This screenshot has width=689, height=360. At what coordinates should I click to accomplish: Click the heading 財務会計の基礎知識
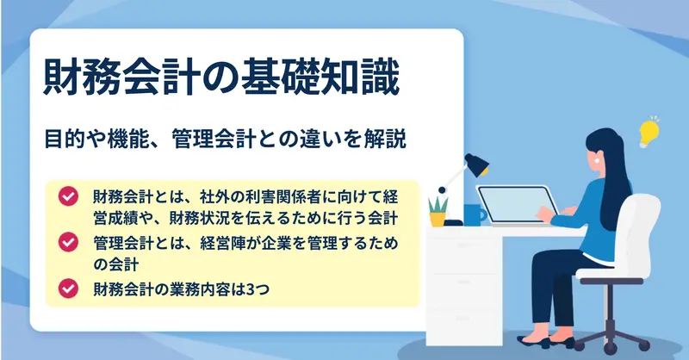click(221, 78)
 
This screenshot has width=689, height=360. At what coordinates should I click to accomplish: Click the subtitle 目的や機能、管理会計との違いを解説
click(225, 139)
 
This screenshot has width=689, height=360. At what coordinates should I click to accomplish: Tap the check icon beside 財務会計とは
click(68, 196)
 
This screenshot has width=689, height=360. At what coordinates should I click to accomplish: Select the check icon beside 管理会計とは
click(68, 242)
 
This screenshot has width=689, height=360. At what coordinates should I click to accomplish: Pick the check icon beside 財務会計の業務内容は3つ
click(68, 289)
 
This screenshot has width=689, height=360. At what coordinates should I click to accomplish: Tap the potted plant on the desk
click(438, 211)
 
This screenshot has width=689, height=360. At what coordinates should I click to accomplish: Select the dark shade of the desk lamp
click(477, 164)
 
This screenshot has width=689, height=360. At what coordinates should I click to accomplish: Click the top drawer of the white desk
click(464, 245)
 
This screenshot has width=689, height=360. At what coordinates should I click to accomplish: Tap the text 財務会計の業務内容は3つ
click(182, 289)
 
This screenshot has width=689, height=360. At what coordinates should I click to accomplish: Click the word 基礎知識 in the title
click(320, 78)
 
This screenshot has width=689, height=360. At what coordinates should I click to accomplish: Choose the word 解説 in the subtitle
click(384, 139)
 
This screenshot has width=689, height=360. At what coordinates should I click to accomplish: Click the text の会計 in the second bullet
click(116, 264)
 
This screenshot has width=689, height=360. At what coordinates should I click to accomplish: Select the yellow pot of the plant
click(438, 220)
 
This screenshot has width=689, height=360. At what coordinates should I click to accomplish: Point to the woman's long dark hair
click(614, 176)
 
